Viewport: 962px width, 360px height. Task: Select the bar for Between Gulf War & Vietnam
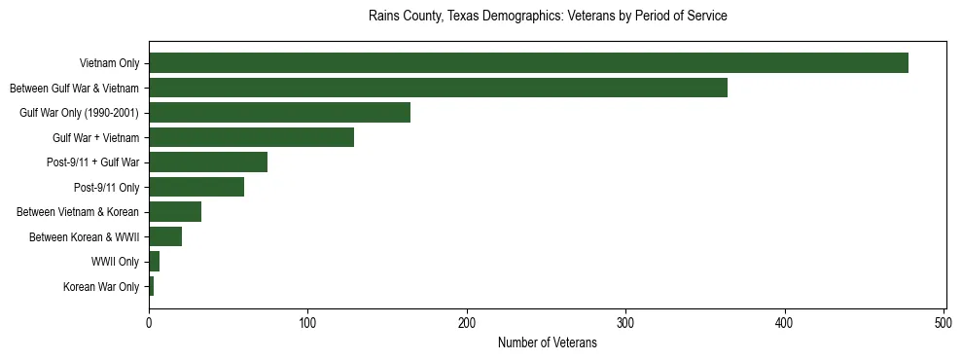(438, 89)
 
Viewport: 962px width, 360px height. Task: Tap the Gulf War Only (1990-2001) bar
(279, 113)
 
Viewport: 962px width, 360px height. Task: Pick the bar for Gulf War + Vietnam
(251, 137)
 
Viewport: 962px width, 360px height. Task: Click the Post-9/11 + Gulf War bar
(208, 162)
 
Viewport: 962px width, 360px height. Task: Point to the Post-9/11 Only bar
(196, 187)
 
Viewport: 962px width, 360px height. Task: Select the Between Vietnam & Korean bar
(175, 212)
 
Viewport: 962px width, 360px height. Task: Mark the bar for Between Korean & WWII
(165, 236)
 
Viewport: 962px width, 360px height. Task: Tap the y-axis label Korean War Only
(101, 286)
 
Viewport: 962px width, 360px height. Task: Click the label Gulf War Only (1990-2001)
(79, 113)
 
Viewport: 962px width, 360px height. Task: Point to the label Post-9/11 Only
(106, 187)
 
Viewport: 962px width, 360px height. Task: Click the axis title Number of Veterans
(547, 342)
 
